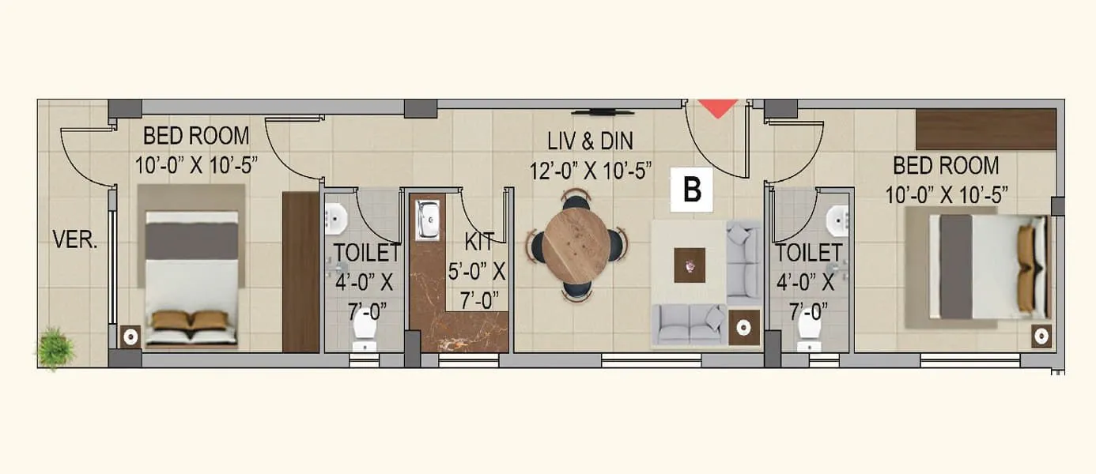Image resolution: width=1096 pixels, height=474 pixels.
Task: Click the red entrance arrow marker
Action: click(718, 108)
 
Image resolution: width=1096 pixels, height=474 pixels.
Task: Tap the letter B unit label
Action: click(692, 190)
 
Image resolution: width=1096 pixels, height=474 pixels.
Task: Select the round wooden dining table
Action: click(576, 245)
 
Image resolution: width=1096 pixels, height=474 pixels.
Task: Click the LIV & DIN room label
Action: click(591, 141)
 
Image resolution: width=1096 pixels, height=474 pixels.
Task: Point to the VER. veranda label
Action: click(75, 240)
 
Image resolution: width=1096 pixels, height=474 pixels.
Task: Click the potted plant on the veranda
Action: click(55, 348)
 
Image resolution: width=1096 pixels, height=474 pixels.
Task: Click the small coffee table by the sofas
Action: click(690, 265)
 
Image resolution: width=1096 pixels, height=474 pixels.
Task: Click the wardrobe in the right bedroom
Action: click(986, 129)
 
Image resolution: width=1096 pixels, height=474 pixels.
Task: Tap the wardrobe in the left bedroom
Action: click(300, 271)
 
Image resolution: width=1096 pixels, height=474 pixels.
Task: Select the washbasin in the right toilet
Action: click(838, 216)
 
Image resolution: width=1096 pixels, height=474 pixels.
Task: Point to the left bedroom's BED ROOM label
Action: click(196, 136)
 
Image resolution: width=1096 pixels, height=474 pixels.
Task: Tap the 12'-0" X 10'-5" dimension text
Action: click(591, 170)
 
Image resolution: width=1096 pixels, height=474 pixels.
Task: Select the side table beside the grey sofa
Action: click(743, 325)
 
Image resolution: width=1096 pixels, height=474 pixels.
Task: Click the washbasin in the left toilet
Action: click(336, 216)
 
